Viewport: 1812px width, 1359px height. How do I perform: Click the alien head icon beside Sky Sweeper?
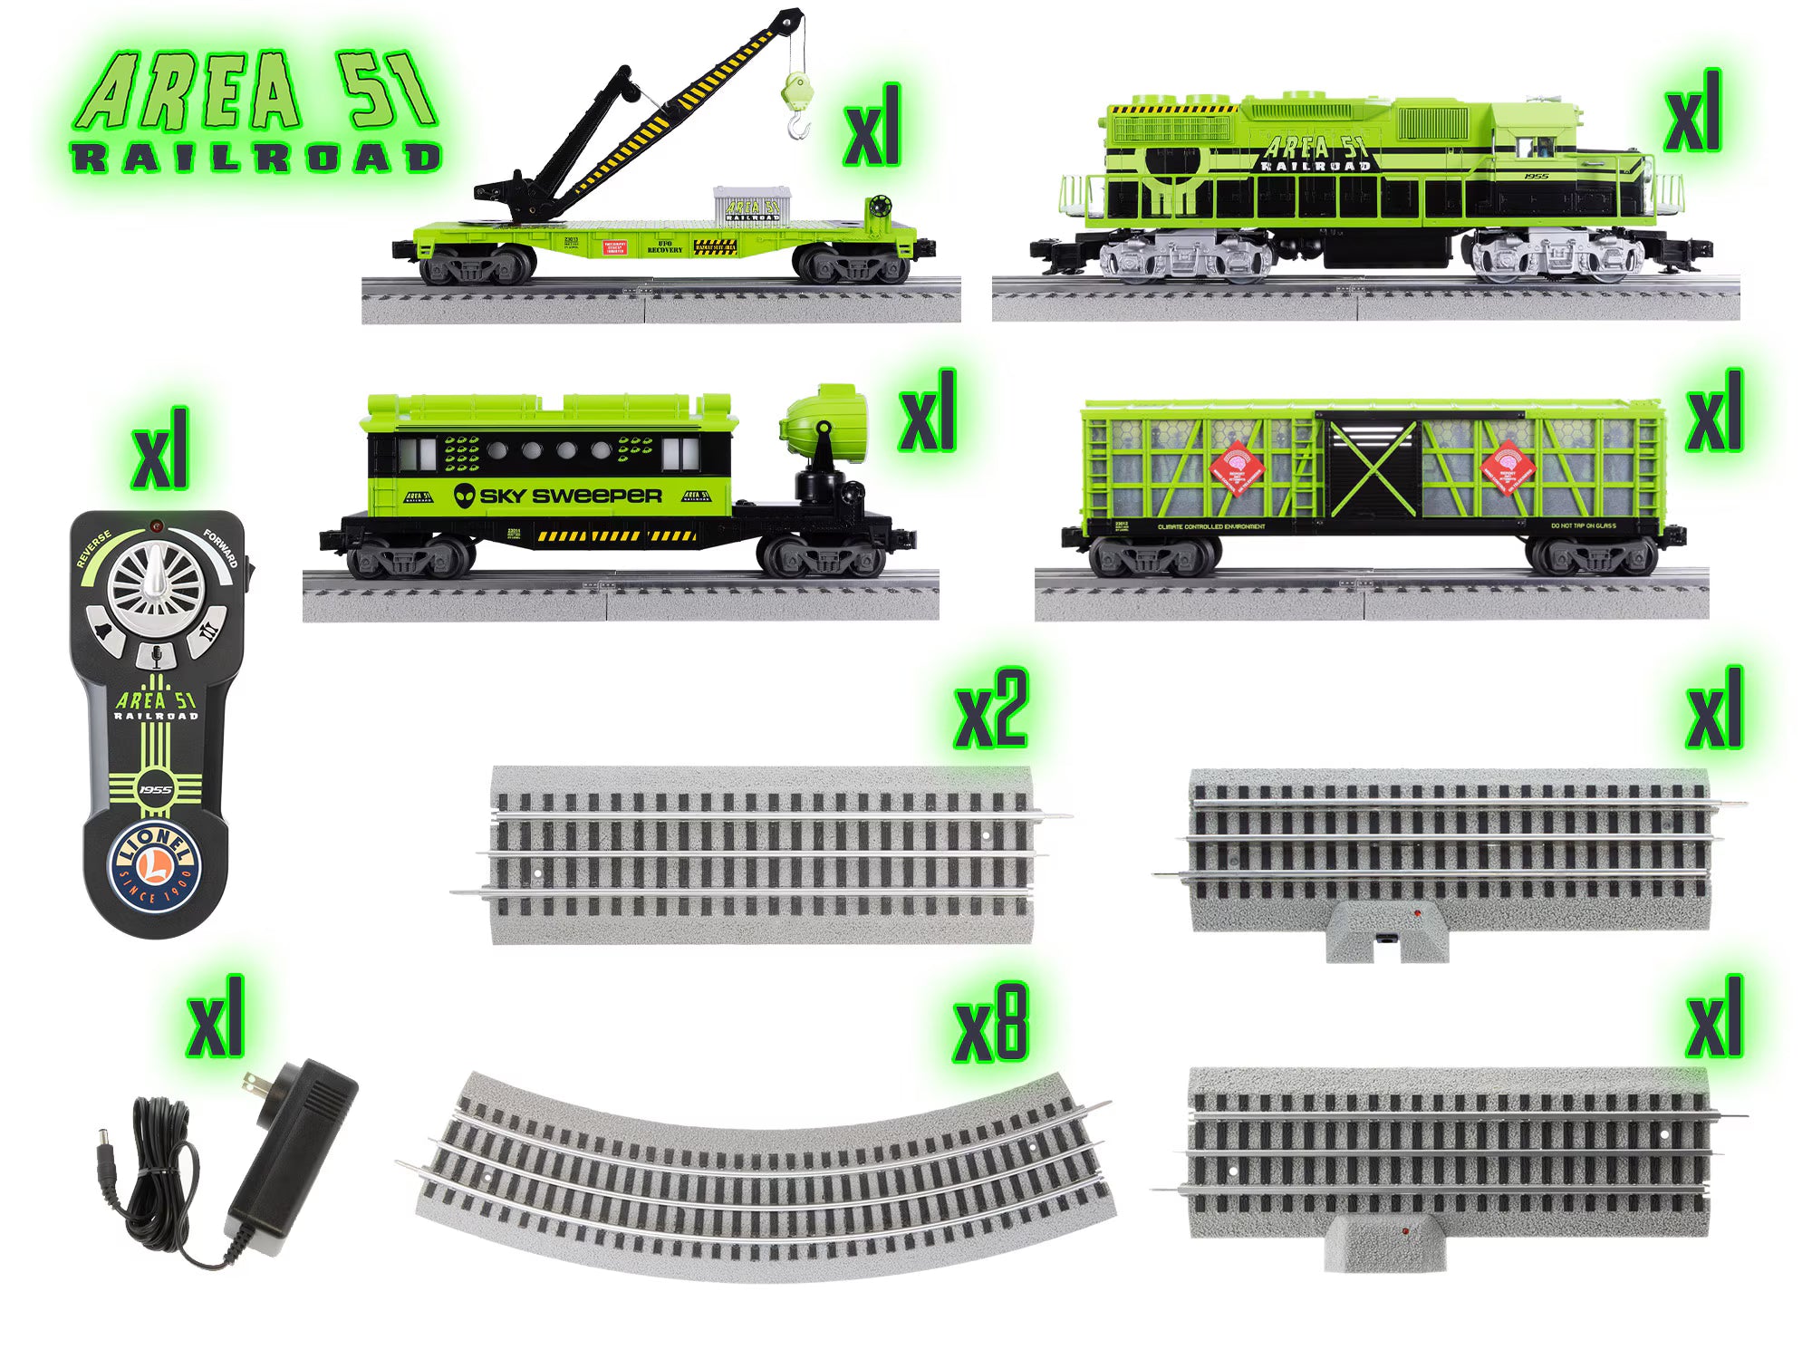click(x=465, y=496)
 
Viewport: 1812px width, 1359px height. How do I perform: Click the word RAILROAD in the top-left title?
click(x=256, y=158)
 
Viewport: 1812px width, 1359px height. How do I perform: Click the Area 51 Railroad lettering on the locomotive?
click(x=1316, y=154)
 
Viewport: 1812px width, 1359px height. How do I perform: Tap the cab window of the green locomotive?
click(x=1538, y=148)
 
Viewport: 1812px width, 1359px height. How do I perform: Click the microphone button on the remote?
click(x=155, y=655)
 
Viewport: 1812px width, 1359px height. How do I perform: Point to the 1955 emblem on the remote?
click(x=155, y=789)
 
